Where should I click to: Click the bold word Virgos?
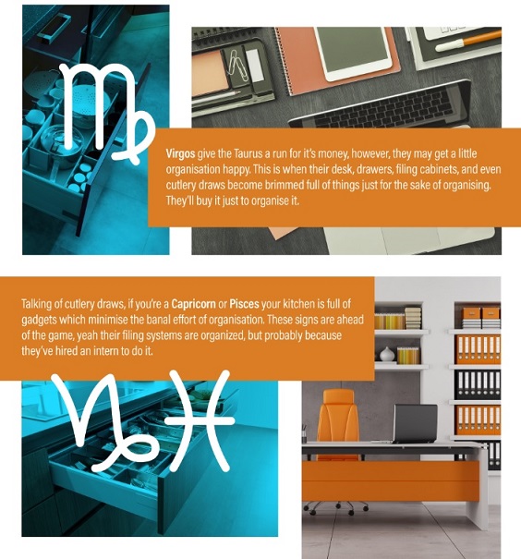click(180, 153)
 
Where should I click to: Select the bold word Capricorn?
click(193, 304)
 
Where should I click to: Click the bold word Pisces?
click(244, 304)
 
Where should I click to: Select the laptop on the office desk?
click(416, 424)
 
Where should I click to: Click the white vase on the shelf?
click(387, 355)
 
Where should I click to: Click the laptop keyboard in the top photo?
click(384, 107)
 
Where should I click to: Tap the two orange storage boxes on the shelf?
click(481, 313)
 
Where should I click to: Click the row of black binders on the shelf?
click(478, 385)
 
